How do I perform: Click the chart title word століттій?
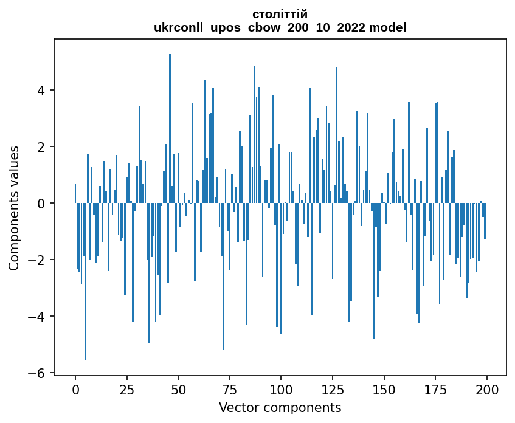280,14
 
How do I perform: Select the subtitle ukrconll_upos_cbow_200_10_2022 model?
280,27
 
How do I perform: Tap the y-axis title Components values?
14,208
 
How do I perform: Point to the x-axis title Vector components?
280,407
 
